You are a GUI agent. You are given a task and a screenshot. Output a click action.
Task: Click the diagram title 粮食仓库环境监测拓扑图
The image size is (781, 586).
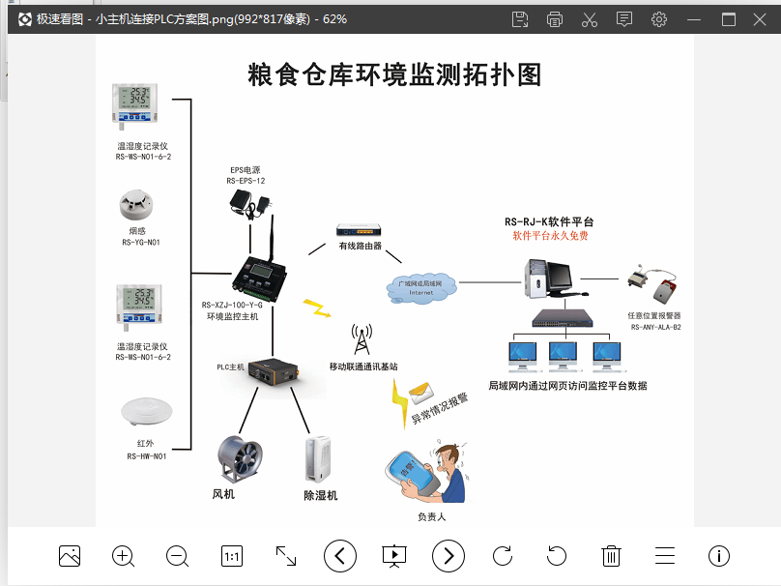pyautogui.click(x=394, y=74)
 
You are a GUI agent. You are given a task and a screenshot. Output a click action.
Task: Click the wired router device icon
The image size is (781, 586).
pyautogui.click(x=360, y=231)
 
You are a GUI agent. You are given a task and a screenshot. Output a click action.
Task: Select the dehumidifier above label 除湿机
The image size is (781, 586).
pyautogui.click(x=318, y=458)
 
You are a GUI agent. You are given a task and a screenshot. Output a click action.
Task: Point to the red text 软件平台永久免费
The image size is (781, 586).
pyautogui.click(x=550, y=236)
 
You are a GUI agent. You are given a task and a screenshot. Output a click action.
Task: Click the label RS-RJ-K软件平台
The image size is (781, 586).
pyautogui.click(x=549, y=221)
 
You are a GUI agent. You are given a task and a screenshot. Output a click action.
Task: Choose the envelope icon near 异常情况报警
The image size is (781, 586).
pyautogui.click(x=419, y=392)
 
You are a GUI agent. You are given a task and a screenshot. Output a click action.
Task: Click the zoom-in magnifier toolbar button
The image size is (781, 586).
pyautogui.click(x=123, y=556)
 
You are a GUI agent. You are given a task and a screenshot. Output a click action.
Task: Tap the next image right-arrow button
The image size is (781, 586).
pyautogui.click(x=448, y=556)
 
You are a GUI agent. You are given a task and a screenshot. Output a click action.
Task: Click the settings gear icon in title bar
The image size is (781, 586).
pyautogui.click(x=659, y=19)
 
